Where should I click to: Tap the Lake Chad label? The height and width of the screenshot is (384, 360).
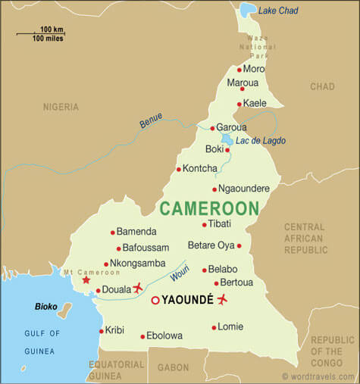pos(278,11)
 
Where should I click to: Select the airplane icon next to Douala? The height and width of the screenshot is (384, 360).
pos(137,288)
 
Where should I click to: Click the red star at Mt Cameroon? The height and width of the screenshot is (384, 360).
pos(86,279)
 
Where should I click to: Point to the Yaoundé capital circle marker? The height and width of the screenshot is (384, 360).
pos(155,300)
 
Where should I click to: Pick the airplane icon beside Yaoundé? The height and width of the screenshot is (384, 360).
pos(222,299)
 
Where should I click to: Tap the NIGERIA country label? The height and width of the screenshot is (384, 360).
pos(61,107)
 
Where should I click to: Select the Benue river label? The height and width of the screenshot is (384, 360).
pos(151,120)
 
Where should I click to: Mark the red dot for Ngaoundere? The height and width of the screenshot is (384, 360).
pos(214,189)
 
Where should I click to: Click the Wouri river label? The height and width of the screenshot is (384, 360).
pos(179,270)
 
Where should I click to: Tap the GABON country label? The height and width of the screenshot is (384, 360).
pos(174,367)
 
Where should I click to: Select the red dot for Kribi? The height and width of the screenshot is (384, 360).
pos(101,331)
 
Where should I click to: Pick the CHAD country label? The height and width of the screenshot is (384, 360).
pos(322,87)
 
